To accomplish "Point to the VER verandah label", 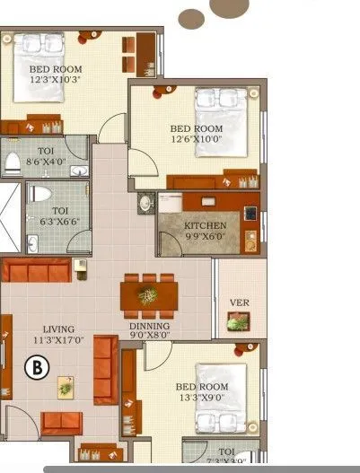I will (x=239, y=302).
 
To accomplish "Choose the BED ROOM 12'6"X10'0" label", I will (x=195, y=134).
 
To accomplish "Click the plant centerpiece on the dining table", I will (x=147, y=294).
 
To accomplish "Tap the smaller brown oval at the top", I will (x=191, y=19).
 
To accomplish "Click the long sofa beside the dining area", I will (x=106, y=369).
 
